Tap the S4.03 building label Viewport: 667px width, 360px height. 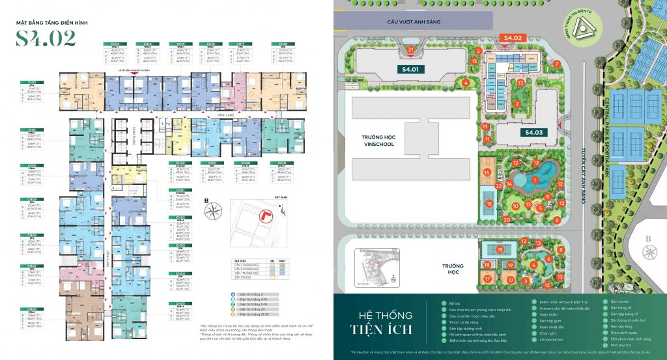pyautogui.click(x=535, y=132)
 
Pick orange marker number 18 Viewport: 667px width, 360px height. pyautogui.click(x=487, y=265)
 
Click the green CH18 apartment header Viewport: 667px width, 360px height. pyautogui.click(x=281, y=44)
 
